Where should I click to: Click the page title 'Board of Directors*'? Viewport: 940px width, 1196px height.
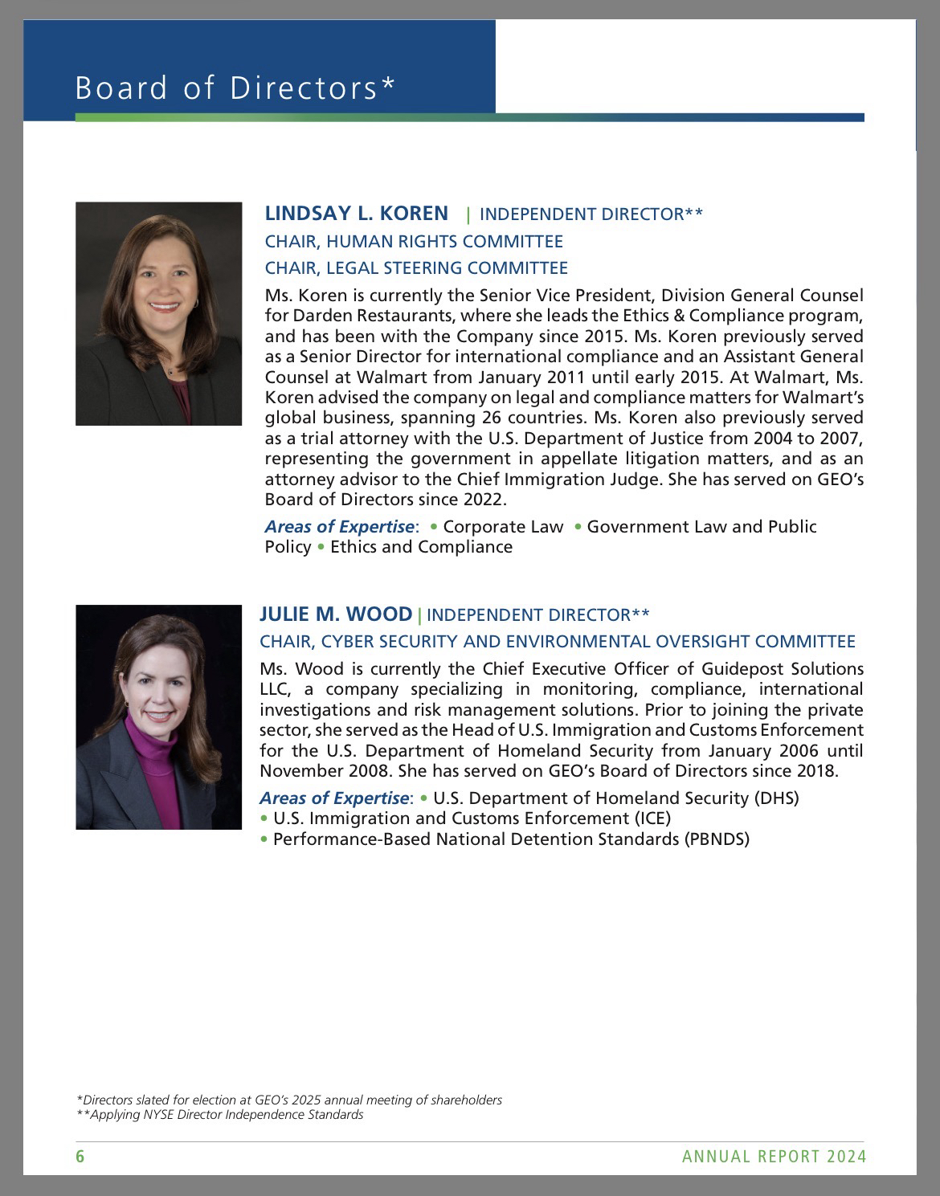click(x=235, y=88)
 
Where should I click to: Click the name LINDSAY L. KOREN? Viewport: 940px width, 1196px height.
click(x=356, y=213)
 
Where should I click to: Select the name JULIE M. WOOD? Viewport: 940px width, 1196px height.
click(x=335, y=614)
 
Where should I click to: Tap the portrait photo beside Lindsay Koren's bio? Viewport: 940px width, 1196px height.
click(x=158, y=313)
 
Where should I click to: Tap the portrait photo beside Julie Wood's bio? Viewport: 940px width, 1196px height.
click(x=158, y=716)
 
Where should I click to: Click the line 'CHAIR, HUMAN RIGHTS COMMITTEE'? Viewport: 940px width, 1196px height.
click(x=414, y=241)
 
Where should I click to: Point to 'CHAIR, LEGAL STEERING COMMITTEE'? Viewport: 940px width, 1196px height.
click(x=416, y=267)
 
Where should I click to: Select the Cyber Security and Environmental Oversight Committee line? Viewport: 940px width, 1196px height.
click(x=557, y=642)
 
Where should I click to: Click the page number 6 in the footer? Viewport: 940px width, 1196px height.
click(x=80, y=1157)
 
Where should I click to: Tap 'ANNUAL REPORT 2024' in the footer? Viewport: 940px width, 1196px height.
click(x=774, y=1157)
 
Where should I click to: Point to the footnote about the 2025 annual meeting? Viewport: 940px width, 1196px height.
click(x=289, y=1100)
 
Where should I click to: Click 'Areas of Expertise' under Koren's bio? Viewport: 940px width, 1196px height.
click(x=340, y=527)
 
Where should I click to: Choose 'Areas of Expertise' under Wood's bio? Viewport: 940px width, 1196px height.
click(x=334, y=798)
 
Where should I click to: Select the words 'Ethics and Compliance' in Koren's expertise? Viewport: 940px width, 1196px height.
click(x=421, y=547)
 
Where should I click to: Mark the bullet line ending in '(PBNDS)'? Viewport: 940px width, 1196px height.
click(x=511, y=839)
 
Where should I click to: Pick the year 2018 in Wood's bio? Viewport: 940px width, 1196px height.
click(x=819, y=771)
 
